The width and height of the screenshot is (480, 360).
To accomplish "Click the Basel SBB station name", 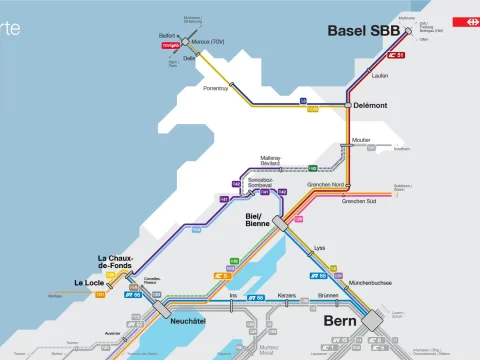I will pyautogui.click(x=364, y=31).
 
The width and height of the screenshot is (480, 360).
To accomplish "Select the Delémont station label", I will pyautogui.click(x=371, y=104).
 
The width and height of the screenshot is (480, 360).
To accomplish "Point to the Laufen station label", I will pyautogui.click(x=380, y=75).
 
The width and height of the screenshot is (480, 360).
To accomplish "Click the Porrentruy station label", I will pyautogui.click(x=216, y=89).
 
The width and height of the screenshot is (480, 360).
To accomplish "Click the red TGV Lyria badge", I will pyautogui.click(x=170, y=45).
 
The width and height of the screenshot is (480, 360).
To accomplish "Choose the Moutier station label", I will pyautogui.click(x=362, y=140).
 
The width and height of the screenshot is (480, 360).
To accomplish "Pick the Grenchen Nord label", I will pyautogui.click(x=326, y=185).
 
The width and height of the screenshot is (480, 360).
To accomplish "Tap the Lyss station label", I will pyautogui.click(x=320, y=247).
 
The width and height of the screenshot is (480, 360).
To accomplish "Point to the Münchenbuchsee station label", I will pyautogui.click(x=370, y=283).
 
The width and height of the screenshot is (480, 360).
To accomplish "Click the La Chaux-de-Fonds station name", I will pyautogui.click(x=115, y=264).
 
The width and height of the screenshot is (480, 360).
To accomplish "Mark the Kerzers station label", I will pyautogui.click(x=286, y=296).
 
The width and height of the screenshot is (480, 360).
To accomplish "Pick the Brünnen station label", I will pyautogui.click(x=328, y=296).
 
